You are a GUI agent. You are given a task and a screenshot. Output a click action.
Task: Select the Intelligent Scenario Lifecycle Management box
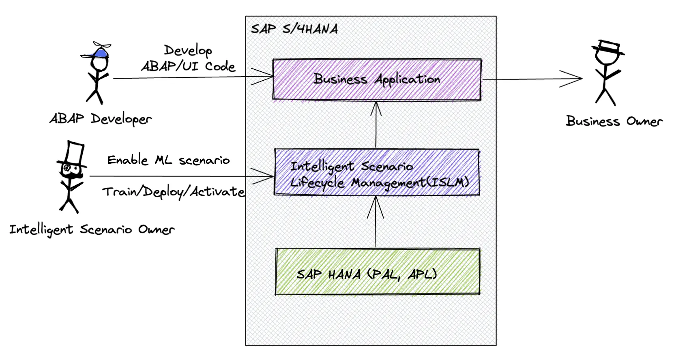[x=376, y=172]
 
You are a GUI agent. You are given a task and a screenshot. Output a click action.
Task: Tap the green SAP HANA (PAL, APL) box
[x=377, y=271]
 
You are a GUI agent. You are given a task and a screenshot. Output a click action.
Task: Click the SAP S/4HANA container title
[x=294, y=29]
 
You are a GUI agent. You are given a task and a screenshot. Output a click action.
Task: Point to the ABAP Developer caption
[x=101, y=119]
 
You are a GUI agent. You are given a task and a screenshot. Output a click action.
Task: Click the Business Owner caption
[x=614, y=121]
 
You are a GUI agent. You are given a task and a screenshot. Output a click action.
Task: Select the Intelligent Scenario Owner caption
[x=92, y=229]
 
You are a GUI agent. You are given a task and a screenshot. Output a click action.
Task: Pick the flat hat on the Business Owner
[x=608, y=47]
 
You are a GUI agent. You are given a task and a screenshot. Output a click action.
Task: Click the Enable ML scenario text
[x=168, y=160]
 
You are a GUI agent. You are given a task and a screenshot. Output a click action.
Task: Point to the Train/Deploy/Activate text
[x=173, y=191]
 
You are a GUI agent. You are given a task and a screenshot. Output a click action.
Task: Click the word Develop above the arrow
[x=188, y=50]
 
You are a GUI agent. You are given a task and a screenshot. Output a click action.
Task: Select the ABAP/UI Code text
[x=188, y=66]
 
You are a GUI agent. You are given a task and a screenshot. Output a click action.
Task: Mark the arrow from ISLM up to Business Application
[x=376, y=124]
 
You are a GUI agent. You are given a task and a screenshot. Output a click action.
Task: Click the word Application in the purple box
[x=408, y=79]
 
